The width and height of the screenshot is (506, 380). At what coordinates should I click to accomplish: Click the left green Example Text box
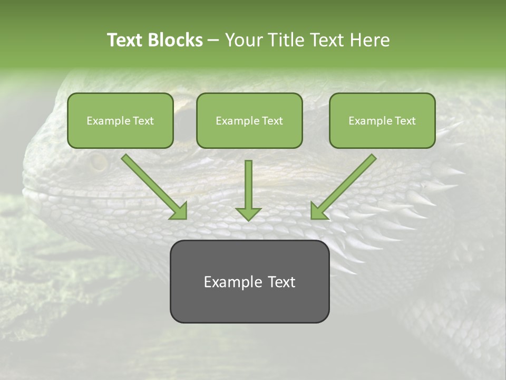pyautogui.click(x=120, y=120)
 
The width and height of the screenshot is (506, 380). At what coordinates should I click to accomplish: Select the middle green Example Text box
pyautogui.click(x=249, y=120)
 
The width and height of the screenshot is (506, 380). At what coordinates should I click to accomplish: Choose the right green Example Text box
pyautogui.click(x=382, y=120)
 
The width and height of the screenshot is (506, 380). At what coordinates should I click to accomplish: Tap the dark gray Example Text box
pyautogui.click(x=249, y=281)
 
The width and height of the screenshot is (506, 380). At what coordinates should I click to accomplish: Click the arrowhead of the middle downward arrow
pyautogui.click(x=248, y=213)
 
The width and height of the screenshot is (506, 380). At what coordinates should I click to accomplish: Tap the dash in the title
pyautogui.click(x=213, y=40)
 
